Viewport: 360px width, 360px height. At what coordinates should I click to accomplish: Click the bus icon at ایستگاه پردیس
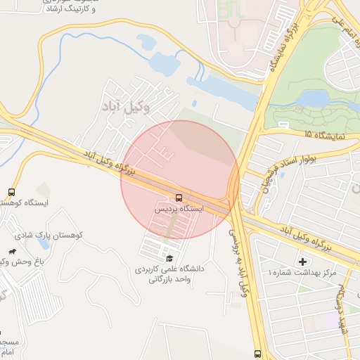pyautogui.click(x=179, y=198)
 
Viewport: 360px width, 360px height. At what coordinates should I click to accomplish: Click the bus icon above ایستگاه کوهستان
pyautogui.click(x=11, y=191)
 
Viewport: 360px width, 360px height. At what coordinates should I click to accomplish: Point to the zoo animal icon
pyautogui.click(x=12, y=251)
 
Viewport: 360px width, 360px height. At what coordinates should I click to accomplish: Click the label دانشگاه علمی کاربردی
pyautogui.click(x=169, y=269)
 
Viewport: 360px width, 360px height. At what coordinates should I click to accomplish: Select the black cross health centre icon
pyautogui.click(x=303, y=262)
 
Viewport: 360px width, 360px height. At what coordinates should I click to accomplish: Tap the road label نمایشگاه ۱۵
pyautogui.click(x=325, y=134)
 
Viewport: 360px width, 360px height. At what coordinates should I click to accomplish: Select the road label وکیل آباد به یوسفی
pyautogui.click(x=239, y=260)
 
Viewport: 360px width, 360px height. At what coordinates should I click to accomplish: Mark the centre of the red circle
pyautogui.click(x=180, y=179)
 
